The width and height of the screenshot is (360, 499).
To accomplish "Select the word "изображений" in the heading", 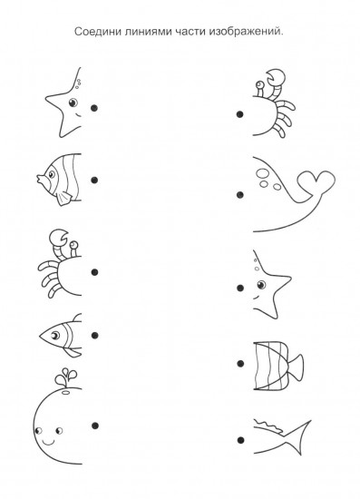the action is (245, 32).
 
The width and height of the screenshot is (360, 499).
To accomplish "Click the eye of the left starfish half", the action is (73, 103).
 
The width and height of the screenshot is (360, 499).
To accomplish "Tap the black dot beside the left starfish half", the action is (94, 108).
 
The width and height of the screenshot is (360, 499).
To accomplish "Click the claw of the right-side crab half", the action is (275, 78).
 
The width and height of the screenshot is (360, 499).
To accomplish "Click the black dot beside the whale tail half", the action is (240, 194).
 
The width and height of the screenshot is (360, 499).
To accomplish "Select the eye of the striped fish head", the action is (51, 174).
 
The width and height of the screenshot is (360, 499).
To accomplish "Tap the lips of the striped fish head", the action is (40, 179).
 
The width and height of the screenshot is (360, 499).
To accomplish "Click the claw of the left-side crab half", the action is (59, 238).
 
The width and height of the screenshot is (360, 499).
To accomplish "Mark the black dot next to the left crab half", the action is (94, 272).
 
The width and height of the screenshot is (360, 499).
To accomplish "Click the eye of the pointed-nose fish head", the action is (55, 335).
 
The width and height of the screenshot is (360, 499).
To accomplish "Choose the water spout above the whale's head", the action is (66, 377).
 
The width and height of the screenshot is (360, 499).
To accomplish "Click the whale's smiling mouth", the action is (49, 442).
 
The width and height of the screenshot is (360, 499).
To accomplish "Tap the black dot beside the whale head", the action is (95, 426).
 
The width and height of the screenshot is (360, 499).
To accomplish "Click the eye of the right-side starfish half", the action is (261, 284).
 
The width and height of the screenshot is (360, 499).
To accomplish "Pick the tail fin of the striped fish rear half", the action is (295, 367).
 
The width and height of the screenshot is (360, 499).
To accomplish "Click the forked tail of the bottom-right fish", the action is (298, 437).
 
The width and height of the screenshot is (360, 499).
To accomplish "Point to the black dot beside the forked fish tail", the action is (240, 440).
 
